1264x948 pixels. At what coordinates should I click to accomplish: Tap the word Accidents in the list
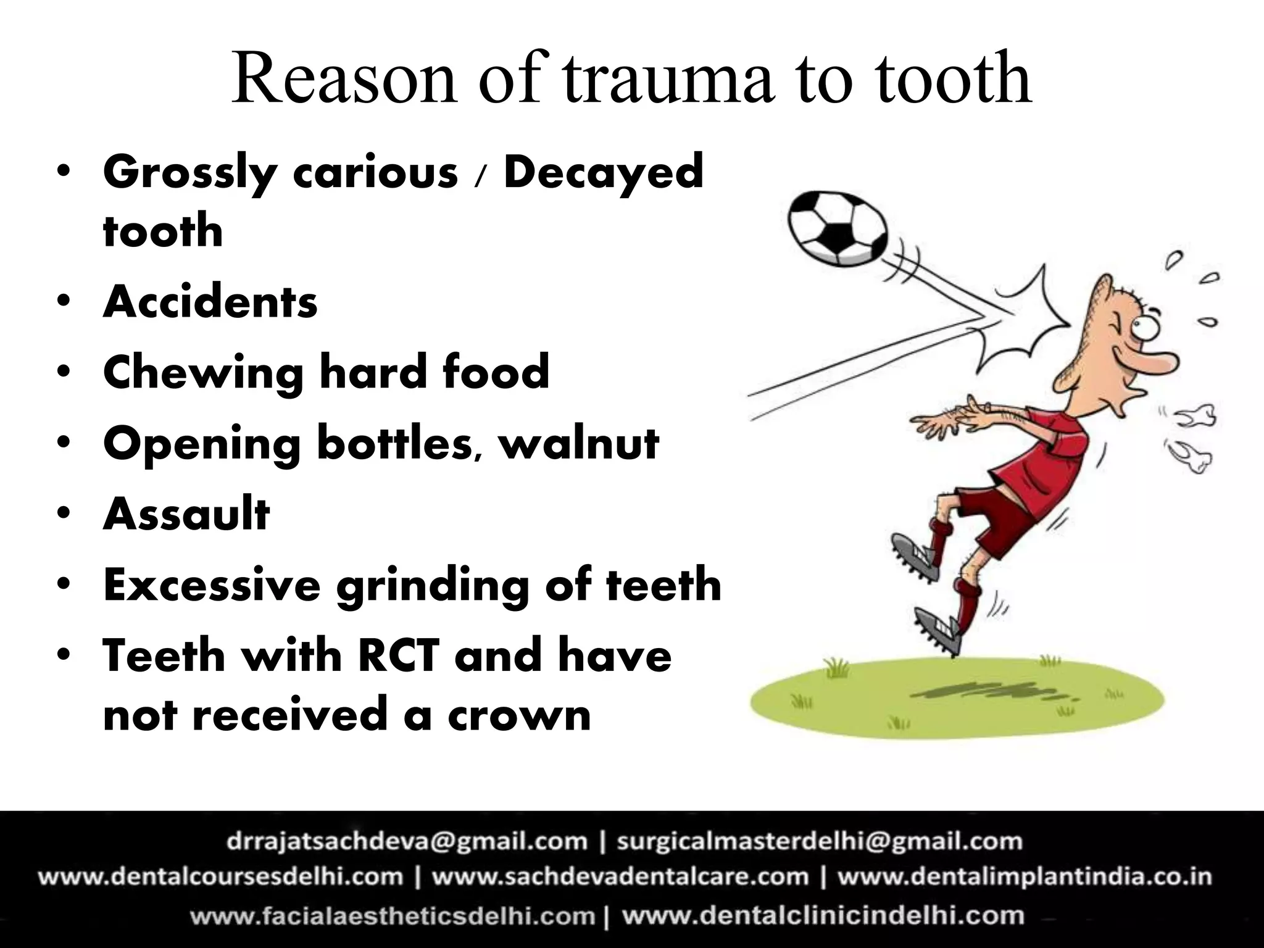(x=210, y=302)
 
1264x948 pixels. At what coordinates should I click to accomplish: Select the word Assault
(x=186, y=513)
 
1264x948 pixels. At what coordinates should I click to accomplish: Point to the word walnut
(x=579, y=443)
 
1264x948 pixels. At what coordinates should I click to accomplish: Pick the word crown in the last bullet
(x=519, y=715)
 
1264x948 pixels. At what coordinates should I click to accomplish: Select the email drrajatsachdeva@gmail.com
(x=407, y=841)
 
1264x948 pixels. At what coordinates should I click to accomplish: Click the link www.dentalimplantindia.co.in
(x=1025, y=876)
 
